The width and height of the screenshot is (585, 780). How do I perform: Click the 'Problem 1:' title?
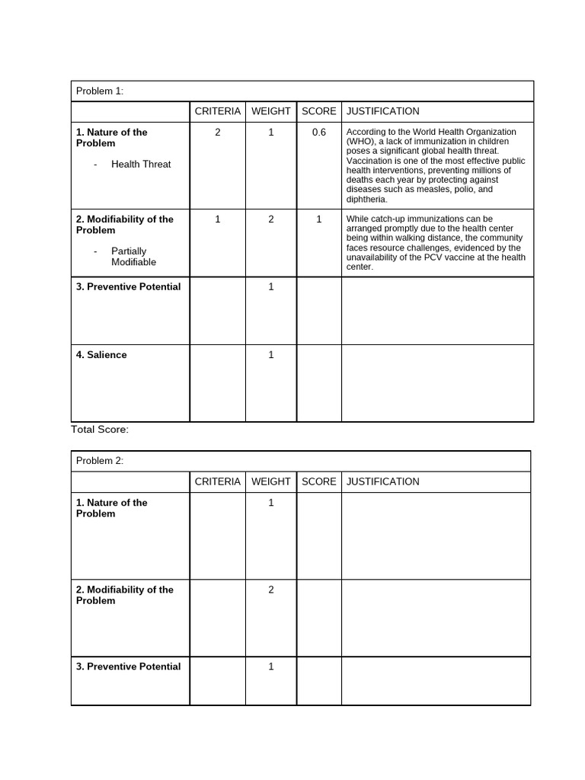click(99, 91)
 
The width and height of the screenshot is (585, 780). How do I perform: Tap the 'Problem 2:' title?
click(99, 462)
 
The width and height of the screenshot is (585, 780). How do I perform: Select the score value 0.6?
click(318, 133)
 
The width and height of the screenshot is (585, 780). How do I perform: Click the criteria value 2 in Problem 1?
click(217, 133)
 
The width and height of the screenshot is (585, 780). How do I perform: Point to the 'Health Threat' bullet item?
click(141, 165)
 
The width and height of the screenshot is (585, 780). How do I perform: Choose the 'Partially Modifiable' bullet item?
click(133, 257)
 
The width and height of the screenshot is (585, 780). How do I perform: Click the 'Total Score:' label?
click(100, 430)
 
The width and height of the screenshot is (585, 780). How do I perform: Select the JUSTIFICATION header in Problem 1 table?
click(382, 111)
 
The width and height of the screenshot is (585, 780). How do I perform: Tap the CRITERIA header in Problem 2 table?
click(217, 481)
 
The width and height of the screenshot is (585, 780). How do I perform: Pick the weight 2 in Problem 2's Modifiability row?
click(270, 590)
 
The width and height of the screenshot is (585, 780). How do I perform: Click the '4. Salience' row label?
click(101, 355)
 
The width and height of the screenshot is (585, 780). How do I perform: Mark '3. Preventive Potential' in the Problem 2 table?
click(128, 667)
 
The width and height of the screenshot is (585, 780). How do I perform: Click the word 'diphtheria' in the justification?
click(366, 200)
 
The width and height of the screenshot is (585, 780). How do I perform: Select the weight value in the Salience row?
click(270, 355)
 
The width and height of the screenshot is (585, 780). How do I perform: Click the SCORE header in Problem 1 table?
click(318, 111)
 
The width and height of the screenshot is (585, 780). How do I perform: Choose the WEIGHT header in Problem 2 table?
click(270, 481)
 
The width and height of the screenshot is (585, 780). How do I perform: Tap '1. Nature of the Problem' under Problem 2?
click(111, 508)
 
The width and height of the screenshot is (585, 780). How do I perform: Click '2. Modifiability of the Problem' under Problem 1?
click(124, 225)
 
